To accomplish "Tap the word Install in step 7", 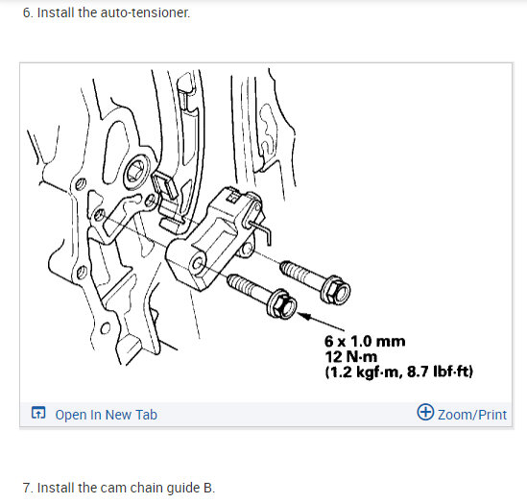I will (x=58, y=488).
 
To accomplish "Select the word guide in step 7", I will (x=181, y=488).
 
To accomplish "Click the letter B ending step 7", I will (x=209, y=488).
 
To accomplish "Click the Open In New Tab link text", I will (x=106, y=415).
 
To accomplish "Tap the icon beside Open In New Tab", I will (x=37, y=415).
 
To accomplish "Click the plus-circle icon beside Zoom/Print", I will (x=425, y=413).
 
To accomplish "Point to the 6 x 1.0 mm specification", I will (x=365, y=341).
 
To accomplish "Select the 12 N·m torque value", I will (x=351, y=356).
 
